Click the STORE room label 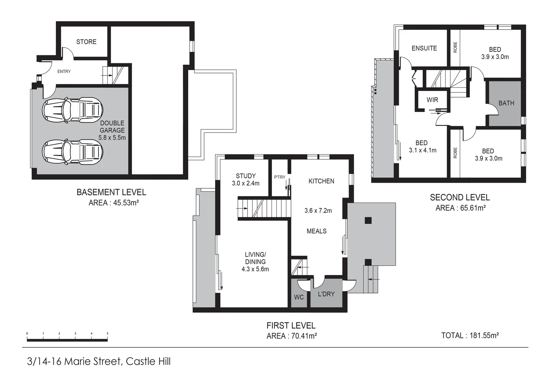pyautogui.click(x=86, y=42)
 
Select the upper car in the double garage pyautogui.click(x=73, y=110)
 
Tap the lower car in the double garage pyautogui.click(x=73, y=152)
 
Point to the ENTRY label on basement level pyautogui.click(x=64, y=71)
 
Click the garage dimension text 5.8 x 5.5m pyautogui.click(x=112, y=138)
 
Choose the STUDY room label pyautogui.click(x=246, y=176)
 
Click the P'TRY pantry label pyautogui.click(x=279, y=177)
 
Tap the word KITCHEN pyautogui.click(x=321, y=181)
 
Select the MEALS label pyautogui.click(x=317, y=231)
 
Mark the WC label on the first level pyautogui.click(x=299, y=297)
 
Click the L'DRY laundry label pyautogui.click(x=326, y=294)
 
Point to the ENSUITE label pyautogui.click(x=424, y=48)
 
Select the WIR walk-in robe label pyautogui.click(x=432, y=100)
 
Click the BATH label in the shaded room pyautogui.click(x=506, y=103)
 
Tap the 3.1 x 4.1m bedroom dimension pyautogui.click(x=423, y=150)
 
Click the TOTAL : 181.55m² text pyautogui.click(x=470, y=335)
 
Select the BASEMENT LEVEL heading pyautogui.click(x=111, y=192)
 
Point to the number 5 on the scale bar pyautogui.click(x=107, y=334)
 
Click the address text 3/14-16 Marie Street pyautogui.click(x=74, y=361)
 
